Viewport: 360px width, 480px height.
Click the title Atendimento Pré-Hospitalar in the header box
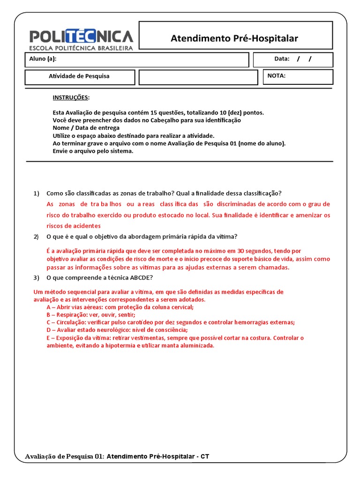234,38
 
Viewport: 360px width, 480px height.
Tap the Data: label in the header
282,59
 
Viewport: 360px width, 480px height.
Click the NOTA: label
276,75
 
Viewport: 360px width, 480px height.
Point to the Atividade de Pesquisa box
79,76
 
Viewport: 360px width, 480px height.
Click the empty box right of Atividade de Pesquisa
198,77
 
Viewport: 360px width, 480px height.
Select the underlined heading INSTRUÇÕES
70,97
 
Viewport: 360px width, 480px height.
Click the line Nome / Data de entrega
86,128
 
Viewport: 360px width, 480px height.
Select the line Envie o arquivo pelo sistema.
93,151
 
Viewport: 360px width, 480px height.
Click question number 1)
37,194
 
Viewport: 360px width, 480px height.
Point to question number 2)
37,237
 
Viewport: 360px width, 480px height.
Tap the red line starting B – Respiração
90,315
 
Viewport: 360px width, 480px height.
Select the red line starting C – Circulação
170,322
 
